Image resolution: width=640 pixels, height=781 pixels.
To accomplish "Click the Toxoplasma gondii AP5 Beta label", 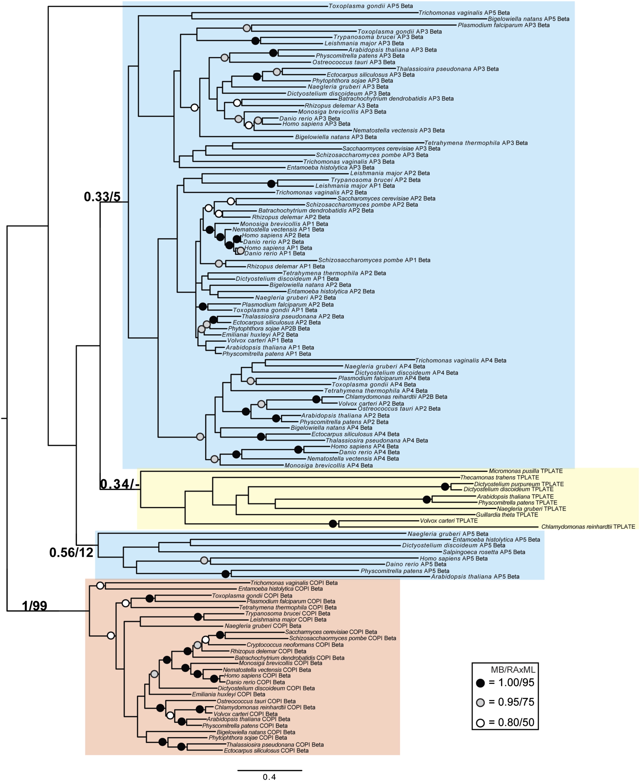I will pyautogui.click(x=371, y=6).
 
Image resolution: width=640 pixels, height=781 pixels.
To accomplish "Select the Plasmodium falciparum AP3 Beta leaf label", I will pyautogui.click(x=504, y=25).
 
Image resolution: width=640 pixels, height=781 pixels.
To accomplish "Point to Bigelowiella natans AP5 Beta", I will pyautogui.click(x=529, y=19).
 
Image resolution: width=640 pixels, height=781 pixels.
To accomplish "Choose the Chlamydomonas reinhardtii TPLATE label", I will pyautogui.click(x=588, y=527).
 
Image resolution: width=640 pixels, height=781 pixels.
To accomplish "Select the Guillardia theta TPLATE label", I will pyautogui.click(x=507, y=515).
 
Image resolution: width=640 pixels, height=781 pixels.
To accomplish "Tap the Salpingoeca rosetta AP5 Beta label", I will pyautogui.click(x=484, y=552).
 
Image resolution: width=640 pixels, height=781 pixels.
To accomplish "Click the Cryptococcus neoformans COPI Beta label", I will pyautogui.click(x=295, y=645).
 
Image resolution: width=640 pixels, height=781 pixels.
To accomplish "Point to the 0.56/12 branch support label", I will pyautogui.click(x=71, y=553).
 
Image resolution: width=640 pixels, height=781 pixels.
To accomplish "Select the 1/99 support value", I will pyautogui.click(x=35, y=606).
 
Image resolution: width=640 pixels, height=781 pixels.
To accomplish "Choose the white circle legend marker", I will pyautogui.click(x=480, y=723).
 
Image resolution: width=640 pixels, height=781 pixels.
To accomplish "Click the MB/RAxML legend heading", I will pyautogui.click(x=513, y=670).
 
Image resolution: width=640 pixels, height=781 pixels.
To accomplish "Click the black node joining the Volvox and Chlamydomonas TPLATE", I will pyautogui.click(x=333, y=523).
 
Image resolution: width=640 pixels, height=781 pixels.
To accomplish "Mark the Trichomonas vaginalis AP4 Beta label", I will pyautogui.click(x=461, y=360).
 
